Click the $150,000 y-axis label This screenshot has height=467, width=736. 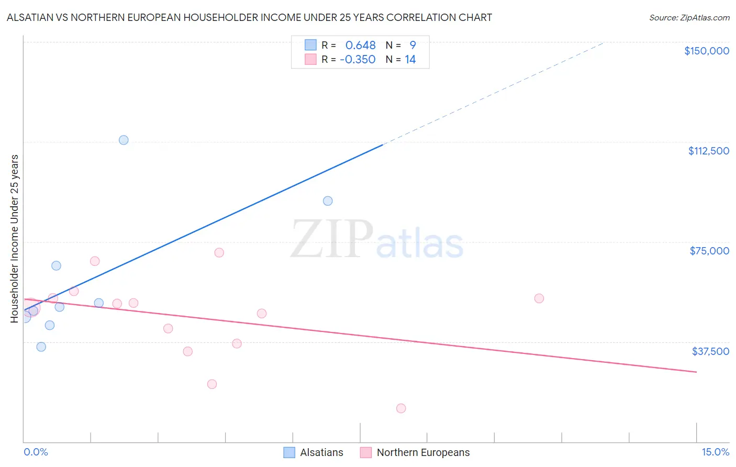(706, 51)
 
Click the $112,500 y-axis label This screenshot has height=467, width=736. (708, 151)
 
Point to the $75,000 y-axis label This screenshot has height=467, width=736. (709, 251)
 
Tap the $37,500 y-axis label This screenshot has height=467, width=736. (710, 351)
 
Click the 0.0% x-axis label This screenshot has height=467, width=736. (36, 452)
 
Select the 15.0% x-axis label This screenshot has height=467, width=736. (715, 452)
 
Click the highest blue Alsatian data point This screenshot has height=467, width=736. (124, 140)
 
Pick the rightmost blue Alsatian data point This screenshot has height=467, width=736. (328, 201)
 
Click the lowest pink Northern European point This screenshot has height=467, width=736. (401, 408)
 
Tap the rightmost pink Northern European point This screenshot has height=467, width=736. (539, 298)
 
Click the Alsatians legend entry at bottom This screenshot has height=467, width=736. (314, 452)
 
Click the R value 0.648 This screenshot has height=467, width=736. (360, 46)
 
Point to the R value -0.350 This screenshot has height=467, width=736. (358, 60)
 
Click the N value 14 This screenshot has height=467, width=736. (410, 60)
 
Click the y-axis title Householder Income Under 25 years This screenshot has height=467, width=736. (15, 238)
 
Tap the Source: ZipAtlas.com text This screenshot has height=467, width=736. (689, 18)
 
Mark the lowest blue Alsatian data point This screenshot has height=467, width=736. (41, 347)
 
